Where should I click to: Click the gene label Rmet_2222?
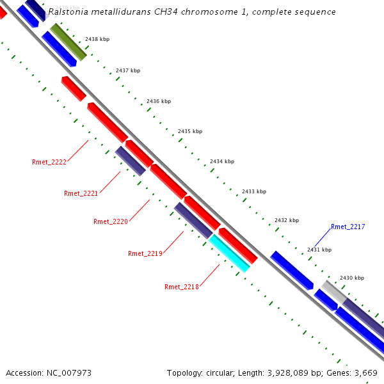tap(49, 162)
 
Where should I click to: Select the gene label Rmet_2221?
tap(81, 193)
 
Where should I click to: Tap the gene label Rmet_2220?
tap(111, 221)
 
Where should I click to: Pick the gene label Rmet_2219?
tap(145, 253)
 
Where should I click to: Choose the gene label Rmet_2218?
tap(182, 287)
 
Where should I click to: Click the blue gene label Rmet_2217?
tap(348, 227)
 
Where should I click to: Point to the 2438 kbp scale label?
tap(97, 39)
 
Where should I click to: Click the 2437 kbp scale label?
tap(128, 70)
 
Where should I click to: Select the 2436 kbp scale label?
tap(159, 101)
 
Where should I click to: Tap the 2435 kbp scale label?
tap(190, 131)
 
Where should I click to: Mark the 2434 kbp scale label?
tap(222, 161)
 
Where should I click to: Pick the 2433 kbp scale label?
tap(254, 191)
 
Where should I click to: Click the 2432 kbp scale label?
tap(287, 220)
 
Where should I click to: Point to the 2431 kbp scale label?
tap(319, 250)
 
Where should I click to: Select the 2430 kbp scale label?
tap(351, 278)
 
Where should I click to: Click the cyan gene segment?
tap(229, 253)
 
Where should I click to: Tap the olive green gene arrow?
tap(68, 42)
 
